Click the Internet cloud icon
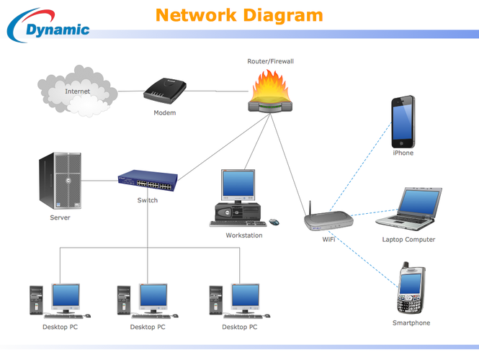click(77, 91)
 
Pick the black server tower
click(61, 181)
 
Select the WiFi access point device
click(328, 220)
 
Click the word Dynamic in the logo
click(58, 30)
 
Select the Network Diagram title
click(239, 15)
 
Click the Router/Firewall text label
click(270, 62)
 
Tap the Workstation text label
click(244, 235)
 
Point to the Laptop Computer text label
click(408, 240)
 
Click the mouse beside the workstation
click(274, 222)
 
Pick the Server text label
click(60, 217)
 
